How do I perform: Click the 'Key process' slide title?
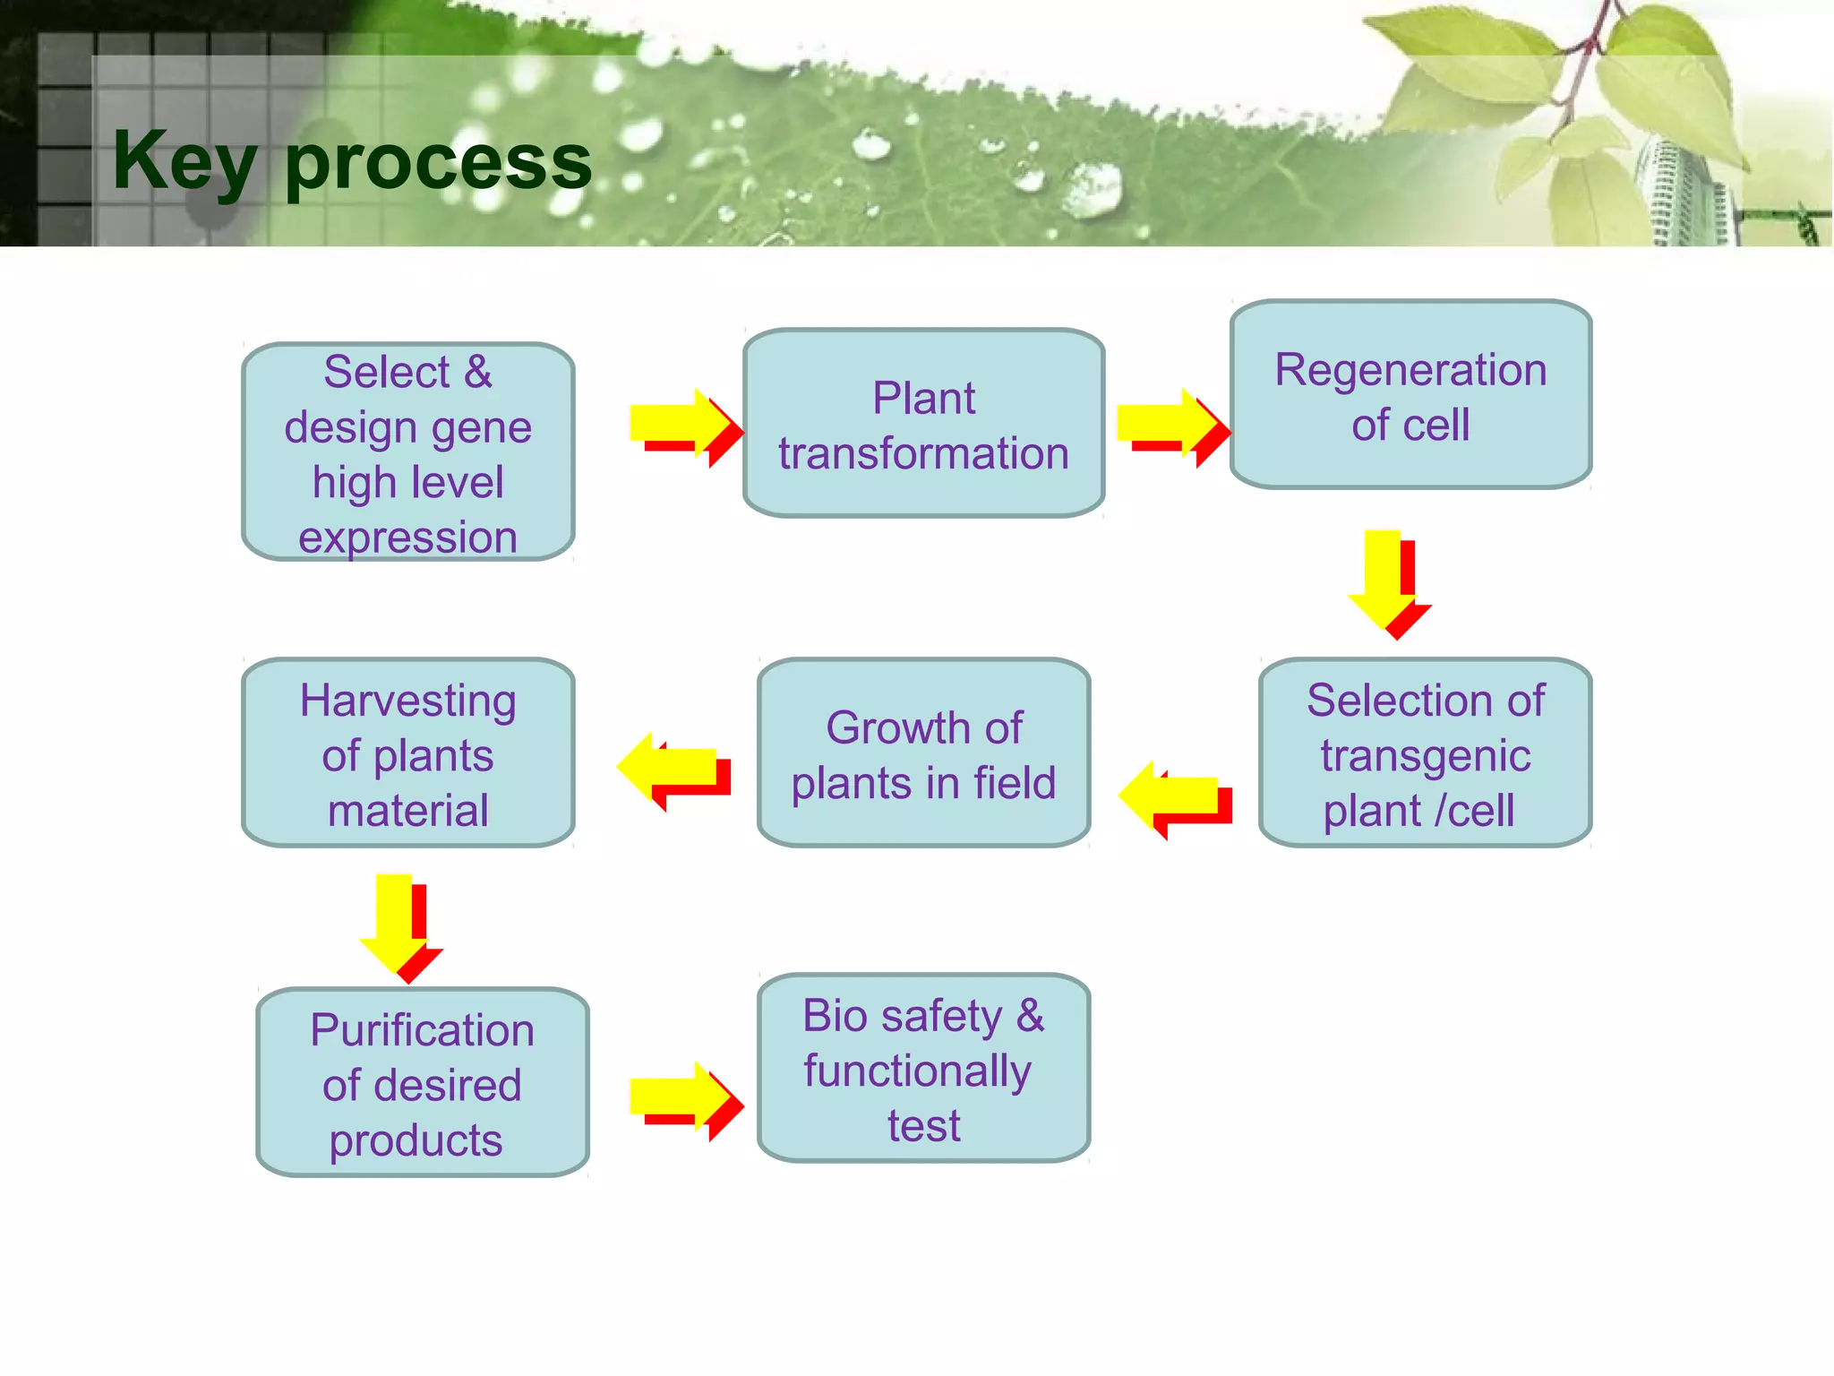(x=352, y=161)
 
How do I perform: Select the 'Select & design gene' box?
(x=408, y=451)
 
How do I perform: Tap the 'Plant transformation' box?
(x=923, y=423)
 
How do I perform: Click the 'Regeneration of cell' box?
(x=1410, y=394)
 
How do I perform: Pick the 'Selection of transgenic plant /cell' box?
(x=1425, y=752)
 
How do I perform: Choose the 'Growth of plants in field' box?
(x=923, y=752)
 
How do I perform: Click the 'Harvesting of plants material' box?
(x=408, y=752)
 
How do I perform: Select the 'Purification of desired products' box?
(x=423, y=1082)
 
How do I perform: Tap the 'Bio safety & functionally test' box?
(x=923, y=1068)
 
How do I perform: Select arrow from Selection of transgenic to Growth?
(x=1174, y=797)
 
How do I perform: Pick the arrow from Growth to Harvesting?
(x=673, y=769)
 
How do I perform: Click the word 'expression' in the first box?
(x=408, y=537)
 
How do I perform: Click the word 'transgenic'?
(x=1425, y=754)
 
